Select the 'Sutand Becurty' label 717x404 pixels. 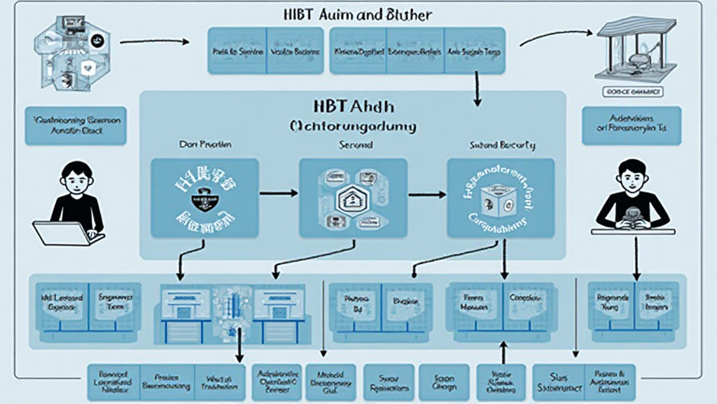click(x=502, y=145)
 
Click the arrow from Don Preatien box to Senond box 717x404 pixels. click(x=279, y=191)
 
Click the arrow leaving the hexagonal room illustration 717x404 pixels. click(x=154, y=42)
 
